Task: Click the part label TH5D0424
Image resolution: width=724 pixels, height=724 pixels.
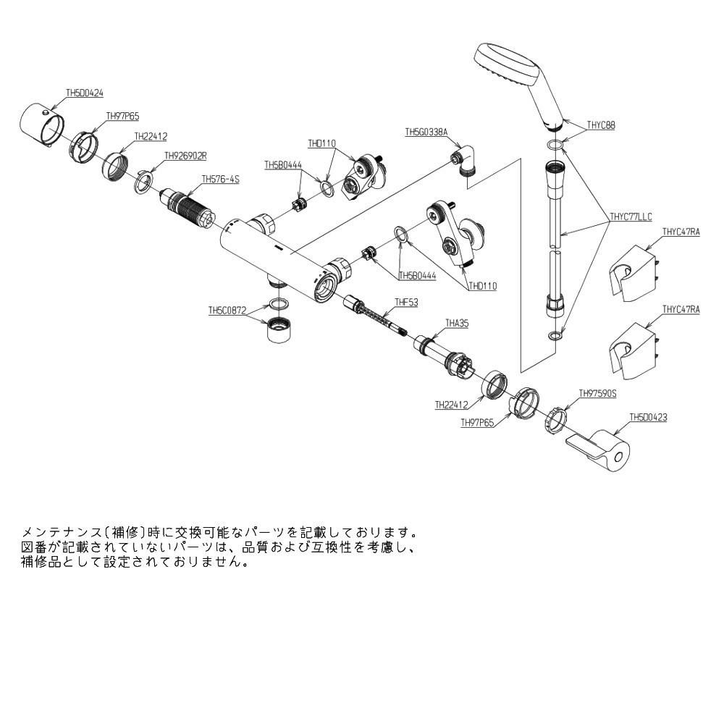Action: pyautogui.click(x=85, y=93)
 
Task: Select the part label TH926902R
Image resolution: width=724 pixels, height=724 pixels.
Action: pyautogui.click(x=186, y=155)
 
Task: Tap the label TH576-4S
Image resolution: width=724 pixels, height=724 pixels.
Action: pyautogui.click(x=220, y=179)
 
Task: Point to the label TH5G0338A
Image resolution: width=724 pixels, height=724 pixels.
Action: pyautogui.click(x=426, y=132)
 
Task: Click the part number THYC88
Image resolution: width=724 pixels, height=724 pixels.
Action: pyautogui.click(x=600, y=125)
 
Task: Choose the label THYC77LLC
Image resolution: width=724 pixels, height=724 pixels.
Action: pyautogui.click(x=631, y=216)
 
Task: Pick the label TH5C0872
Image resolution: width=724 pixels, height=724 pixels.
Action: pyautogui.click(x=227, y=310)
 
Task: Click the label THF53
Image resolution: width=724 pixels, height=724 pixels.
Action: pyautogui.click(x=406, y=302)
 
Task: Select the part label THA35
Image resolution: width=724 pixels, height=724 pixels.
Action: pyautogui.click(x=457, y=324)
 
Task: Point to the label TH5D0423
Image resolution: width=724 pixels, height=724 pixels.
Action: pyautogui.click(x=648, y=417)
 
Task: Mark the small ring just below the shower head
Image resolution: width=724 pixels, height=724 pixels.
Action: pyautogui.click(x=554, y=146)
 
